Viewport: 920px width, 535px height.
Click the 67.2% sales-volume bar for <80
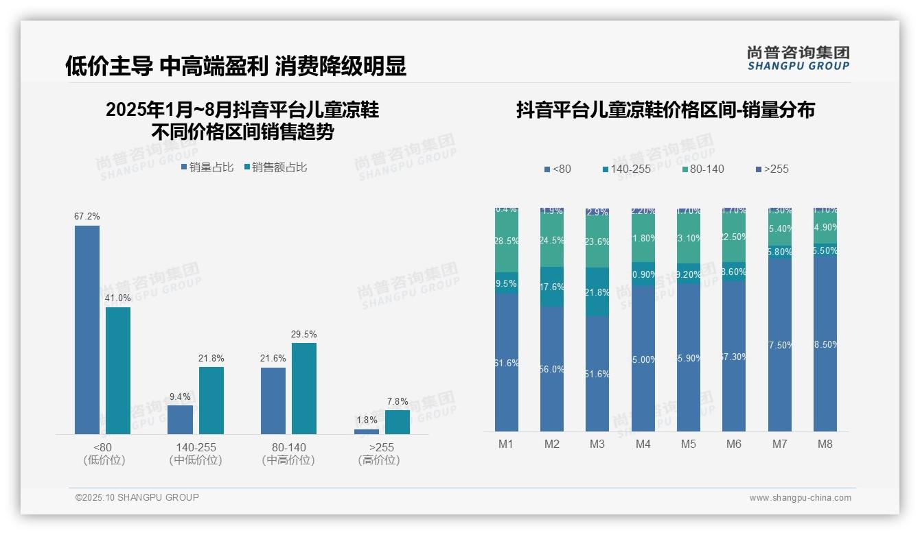coord(87,329)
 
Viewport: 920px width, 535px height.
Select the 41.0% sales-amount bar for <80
coord(118,370)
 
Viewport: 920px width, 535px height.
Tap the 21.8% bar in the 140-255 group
coord(211,400)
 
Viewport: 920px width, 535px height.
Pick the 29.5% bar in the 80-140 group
coord(304,388)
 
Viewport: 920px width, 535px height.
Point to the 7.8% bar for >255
coord(398,422)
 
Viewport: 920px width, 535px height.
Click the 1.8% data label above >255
coord(367,420)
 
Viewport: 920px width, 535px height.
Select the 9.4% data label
coord(180,396)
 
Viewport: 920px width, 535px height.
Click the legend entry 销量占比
coord(207,167)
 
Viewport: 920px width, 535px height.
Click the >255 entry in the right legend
coord(772,169)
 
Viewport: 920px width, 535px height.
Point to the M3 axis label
coord(597,444)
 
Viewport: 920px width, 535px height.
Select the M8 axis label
coord(825,444)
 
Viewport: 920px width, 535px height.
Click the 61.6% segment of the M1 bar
coord(507,362)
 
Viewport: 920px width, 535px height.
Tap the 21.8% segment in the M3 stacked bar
coord(597,292)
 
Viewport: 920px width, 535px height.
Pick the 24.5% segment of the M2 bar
coord(552,241)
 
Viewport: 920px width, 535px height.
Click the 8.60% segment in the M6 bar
coord(734,272)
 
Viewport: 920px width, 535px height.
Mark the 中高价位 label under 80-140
coord(288,460)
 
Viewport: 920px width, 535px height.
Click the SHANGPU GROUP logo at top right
coord(798,58)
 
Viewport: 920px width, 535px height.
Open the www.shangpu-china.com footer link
coord(800,498)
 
